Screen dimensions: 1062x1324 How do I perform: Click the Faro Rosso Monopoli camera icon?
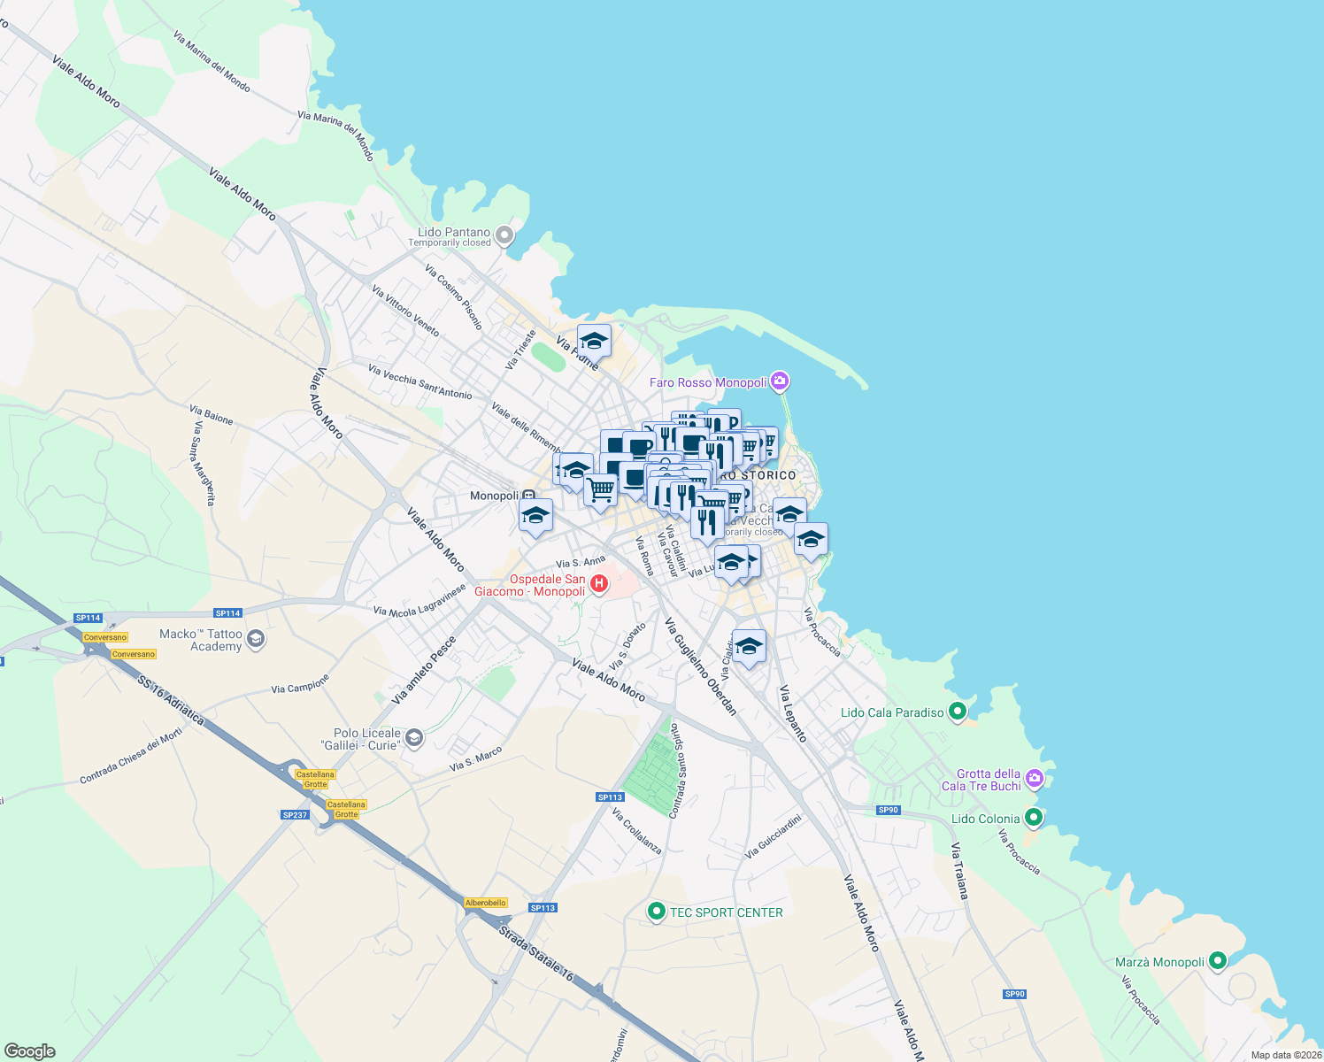780,381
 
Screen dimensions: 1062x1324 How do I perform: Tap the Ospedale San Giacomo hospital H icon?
599,583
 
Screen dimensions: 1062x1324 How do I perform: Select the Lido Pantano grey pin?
504,235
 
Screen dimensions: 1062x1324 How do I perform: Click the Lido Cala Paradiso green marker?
957,712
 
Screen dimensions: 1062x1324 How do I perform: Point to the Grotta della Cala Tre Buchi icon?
1035,779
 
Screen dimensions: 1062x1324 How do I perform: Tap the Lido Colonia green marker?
1033,818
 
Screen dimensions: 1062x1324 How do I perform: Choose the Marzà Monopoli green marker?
1218,960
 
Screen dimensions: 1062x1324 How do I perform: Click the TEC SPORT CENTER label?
726,912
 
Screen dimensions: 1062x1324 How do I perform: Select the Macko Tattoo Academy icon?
256,639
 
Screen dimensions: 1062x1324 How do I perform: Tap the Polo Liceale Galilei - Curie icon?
414,738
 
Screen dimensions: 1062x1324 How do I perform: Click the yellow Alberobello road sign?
486,903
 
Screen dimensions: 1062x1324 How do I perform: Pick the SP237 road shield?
295,814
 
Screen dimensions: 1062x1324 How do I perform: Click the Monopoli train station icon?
528,496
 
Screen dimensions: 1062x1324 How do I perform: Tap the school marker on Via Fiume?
594,341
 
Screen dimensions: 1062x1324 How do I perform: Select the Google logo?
29,1051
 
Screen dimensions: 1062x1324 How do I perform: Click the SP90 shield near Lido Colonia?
888,810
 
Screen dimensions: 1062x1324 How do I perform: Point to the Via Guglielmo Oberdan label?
701,666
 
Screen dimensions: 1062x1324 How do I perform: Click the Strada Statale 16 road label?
535,953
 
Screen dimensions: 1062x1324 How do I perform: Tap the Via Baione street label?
212,414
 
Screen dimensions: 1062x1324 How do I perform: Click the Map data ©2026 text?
1286,1055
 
